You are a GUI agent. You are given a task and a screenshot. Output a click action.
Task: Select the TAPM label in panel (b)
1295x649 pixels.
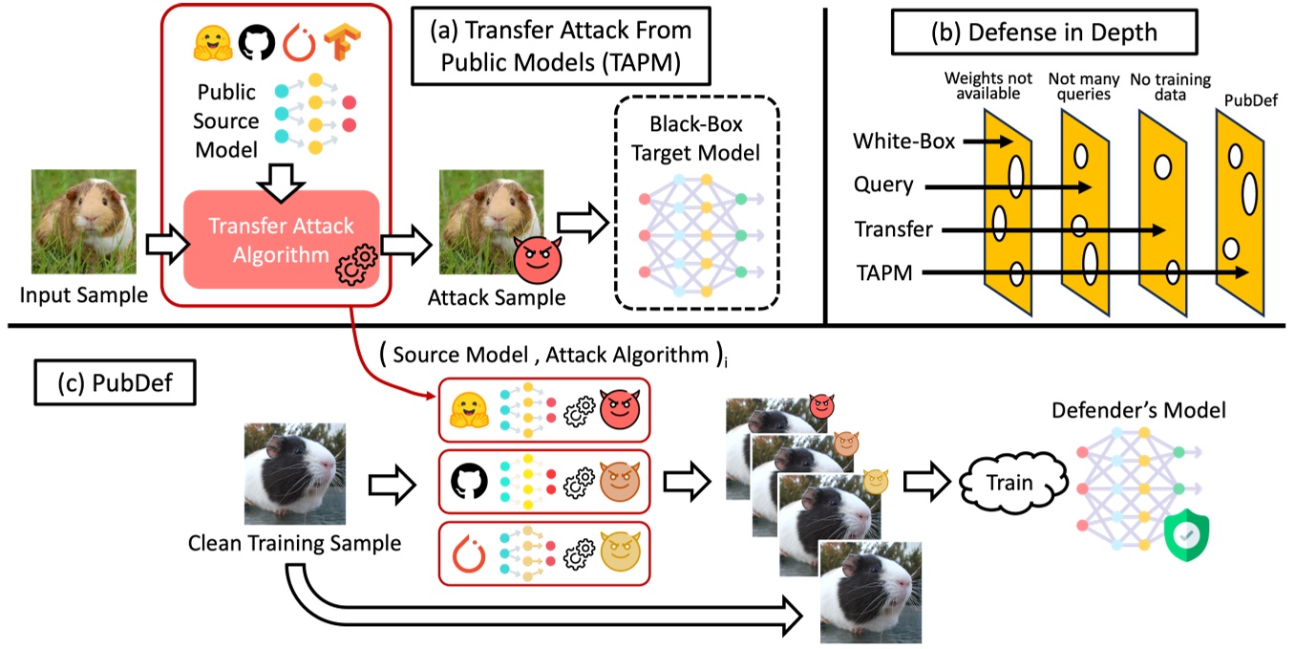pos(882,273)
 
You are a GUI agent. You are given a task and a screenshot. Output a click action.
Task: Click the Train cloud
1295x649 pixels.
pos(1009,483)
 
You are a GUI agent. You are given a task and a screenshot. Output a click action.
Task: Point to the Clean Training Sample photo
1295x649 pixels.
pos(294,472)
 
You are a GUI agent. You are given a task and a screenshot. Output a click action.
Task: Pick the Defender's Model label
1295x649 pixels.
pos(1137,410)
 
